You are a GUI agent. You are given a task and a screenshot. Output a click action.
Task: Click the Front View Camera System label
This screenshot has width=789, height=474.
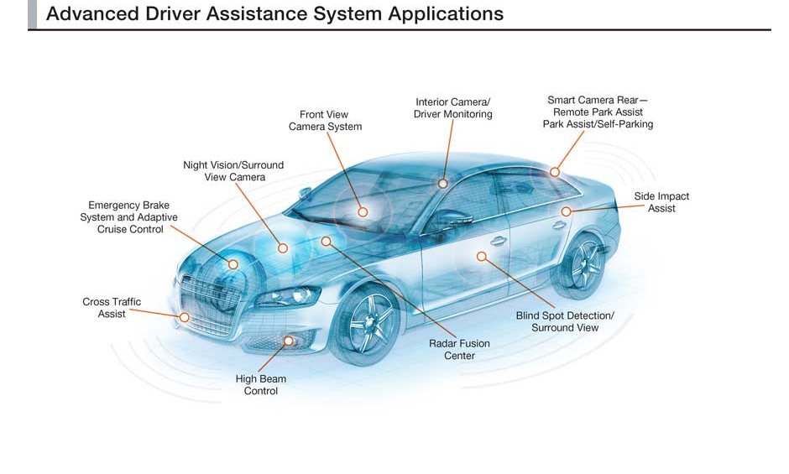(325, 121)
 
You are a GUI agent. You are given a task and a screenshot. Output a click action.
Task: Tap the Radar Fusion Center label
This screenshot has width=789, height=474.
(459, 350)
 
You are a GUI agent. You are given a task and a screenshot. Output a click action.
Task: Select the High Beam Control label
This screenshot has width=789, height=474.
(260, 385)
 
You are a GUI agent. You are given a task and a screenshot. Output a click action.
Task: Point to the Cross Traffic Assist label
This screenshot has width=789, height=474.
(112, 308)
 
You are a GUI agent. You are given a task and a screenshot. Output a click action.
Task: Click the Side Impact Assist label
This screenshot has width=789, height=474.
(661, 202)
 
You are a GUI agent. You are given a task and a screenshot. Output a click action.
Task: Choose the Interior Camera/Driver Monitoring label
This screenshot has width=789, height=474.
(452, 108)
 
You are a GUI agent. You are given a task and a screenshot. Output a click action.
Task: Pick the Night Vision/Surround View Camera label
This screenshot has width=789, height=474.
(233, 171)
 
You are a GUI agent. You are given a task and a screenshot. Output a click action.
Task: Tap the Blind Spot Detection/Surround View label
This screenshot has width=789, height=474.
(565, 321)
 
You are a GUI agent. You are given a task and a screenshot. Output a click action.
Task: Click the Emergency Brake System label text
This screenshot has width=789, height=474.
(128, 217)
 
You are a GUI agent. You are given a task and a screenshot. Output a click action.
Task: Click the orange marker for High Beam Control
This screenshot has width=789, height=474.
(290, 341)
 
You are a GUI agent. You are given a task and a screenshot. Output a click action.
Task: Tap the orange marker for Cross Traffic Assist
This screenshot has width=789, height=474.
(185, 317)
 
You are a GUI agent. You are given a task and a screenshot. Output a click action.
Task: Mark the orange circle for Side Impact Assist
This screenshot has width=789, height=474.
(567, 211)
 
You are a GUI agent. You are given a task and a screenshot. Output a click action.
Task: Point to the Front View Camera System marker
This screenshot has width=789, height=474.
(363, 211)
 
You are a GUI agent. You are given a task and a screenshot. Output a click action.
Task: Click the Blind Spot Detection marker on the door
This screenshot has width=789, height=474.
(482, 256)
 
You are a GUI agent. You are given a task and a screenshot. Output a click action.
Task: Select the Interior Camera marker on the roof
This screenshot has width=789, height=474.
(443, 183)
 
